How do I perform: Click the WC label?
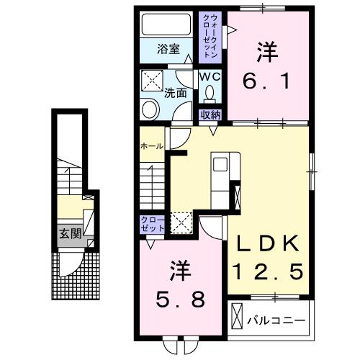210,76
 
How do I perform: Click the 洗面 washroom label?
175,92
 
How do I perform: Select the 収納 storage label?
210,114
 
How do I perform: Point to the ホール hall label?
150,145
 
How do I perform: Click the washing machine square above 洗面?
151,79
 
